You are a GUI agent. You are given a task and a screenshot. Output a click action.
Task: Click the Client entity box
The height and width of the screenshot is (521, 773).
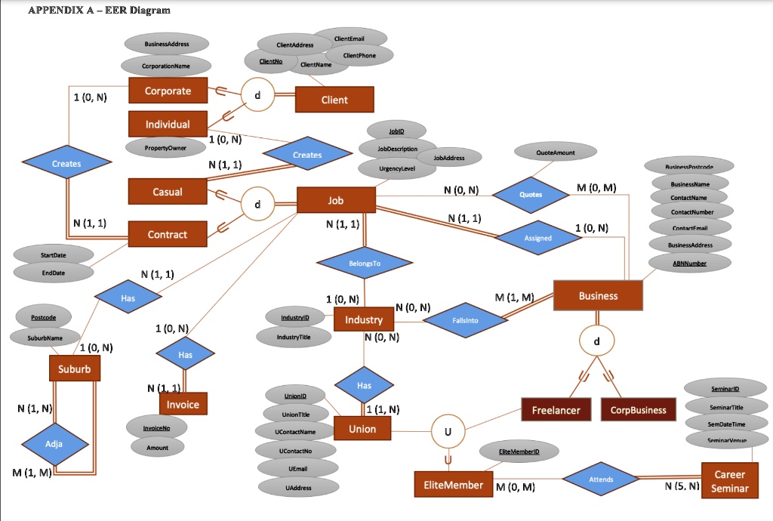pos(334,100)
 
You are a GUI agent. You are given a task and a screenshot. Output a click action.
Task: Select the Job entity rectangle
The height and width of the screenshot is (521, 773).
pos(336,201)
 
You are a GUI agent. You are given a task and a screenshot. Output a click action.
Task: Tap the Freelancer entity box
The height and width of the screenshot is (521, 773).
pos(556,410)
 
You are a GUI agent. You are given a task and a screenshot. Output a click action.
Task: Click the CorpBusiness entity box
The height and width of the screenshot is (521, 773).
pos(638,410)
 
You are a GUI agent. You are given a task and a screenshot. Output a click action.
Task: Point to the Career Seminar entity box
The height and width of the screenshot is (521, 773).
pos(728,481)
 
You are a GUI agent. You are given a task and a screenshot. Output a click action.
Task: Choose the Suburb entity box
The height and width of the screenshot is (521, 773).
pos(74,369)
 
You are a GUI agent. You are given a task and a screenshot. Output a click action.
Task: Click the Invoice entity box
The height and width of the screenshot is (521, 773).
pos(183,405)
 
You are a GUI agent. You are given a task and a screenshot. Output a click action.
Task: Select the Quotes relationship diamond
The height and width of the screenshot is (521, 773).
pos(531,194)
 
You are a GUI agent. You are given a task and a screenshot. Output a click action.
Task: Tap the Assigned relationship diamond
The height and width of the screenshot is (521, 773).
pos(538,237)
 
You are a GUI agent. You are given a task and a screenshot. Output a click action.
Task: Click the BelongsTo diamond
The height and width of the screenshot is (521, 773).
pos(365,264)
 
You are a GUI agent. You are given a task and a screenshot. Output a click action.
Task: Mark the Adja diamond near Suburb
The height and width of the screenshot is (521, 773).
pos(54,444)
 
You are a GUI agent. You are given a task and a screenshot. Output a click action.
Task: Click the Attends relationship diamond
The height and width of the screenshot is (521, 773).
pos(601,479)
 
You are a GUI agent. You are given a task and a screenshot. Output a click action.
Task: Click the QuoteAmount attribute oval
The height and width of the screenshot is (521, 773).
pos(555,153)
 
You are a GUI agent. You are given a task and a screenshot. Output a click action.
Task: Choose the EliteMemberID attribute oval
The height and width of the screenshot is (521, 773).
pos(518,452)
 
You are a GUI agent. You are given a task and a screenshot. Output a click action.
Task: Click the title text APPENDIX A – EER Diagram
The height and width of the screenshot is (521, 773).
pos(99,10)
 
